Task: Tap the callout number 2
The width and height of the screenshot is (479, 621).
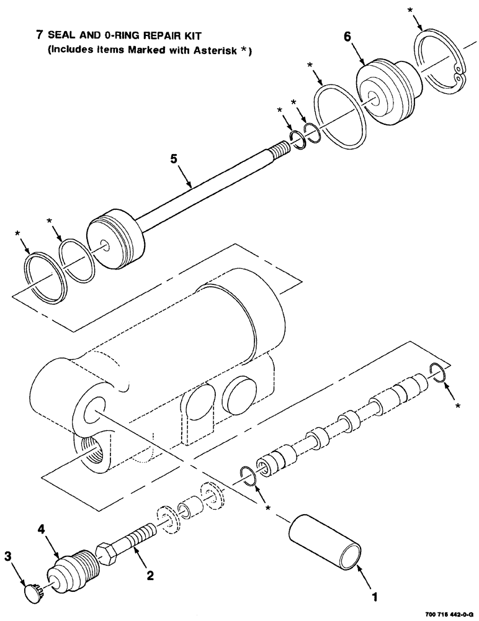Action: click(x=150, y=576)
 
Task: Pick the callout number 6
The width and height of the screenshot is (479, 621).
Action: click(x=347, y=38)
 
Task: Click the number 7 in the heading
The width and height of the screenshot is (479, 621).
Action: click(x=39, y=35)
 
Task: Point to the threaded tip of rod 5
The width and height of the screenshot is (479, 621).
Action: click(x=279, y=150)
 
